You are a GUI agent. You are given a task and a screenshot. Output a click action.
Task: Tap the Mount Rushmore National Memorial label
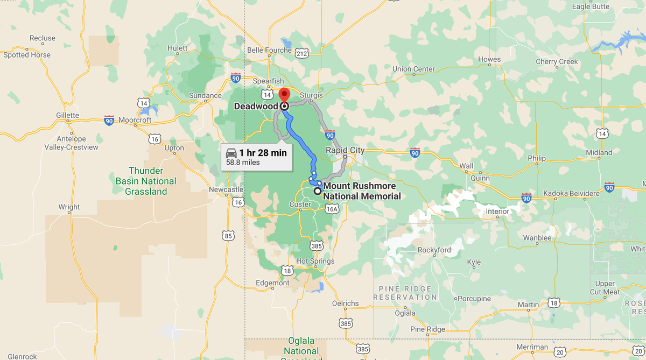point(362,191)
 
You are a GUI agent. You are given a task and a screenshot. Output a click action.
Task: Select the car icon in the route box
point(231,152)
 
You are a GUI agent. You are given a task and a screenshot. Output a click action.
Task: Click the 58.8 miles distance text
point(242,162)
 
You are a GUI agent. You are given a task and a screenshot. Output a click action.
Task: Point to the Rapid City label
point(345,150)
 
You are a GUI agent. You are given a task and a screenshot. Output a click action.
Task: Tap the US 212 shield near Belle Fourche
point(301,53)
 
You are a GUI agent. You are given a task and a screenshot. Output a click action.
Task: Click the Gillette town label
point(67,115)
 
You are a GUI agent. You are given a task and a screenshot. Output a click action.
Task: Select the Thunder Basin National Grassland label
point(145,181)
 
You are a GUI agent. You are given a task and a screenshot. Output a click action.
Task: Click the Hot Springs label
point(315,261)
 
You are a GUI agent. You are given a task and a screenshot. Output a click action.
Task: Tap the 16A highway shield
point(332,209)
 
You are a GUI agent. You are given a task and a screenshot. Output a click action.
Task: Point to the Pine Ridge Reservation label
point(405,293)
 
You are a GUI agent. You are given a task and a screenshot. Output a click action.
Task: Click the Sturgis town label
point(311,95)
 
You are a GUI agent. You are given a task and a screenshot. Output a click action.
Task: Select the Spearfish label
point(268,81)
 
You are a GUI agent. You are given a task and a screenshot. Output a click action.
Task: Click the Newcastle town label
point(226,189)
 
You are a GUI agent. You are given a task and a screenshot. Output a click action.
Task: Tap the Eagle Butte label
point(591,6)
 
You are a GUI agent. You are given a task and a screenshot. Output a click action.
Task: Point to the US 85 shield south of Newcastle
point(228,235)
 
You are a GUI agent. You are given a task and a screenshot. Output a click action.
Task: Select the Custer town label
point(300,204)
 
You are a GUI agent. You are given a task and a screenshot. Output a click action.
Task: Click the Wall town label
point(466,166)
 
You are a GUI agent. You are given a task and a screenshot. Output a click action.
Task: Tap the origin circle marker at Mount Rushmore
point(318,191)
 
